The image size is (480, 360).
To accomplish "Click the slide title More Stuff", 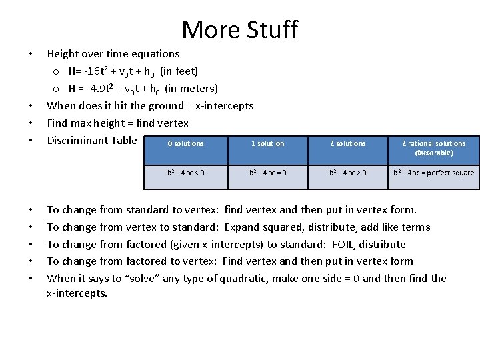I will (239, 30).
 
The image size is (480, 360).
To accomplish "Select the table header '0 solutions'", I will (186, 143).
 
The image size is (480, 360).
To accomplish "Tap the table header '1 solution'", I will (267, 143).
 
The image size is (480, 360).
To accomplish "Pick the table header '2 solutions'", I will (348, 143).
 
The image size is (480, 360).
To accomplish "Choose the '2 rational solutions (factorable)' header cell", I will (434, 148).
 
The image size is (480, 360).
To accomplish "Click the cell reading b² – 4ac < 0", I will (186, 173).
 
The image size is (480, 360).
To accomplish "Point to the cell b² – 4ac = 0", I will (267, 173).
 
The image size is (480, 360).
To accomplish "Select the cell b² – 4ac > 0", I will (348, 173).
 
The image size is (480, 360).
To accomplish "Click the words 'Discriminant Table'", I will (92, 140).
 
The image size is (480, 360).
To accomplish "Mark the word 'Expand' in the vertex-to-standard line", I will (242, 227).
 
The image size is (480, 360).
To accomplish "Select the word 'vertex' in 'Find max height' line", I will (173, 123).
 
